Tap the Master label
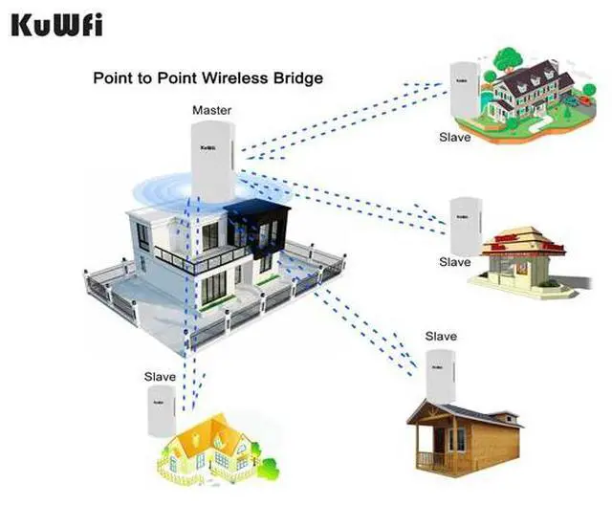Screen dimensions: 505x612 tap(211, 111)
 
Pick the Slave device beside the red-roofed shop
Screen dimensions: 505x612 tap(462, 225)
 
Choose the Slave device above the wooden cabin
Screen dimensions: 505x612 tap(439, 371)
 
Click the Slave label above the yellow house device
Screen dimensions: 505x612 tap(161, 377)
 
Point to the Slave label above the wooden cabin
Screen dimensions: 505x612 tap(441, 337)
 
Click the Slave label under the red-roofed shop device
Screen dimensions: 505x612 tap(455, 262)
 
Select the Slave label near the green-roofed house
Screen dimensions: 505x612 tap(455, 138)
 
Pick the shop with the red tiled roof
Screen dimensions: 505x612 tap(521, 255)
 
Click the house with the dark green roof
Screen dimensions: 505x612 tap(532, 90)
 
